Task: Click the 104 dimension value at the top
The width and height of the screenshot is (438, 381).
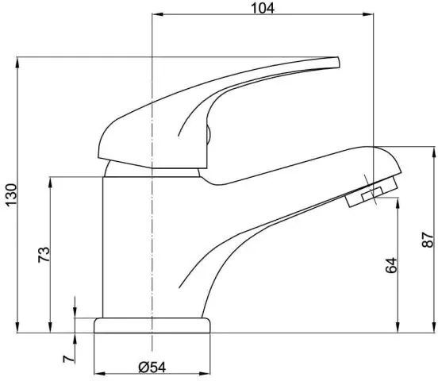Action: (263, 8)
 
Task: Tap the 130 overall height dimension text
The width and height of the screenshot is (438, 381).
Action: (11, 194)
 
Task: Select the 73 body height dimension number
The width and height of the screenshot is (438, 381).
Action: (44, 254)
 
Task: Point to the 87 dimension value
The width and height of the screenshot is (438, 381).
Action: (428, 240)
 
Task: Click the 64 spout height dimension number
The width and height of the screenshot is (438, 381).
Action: (391, 265)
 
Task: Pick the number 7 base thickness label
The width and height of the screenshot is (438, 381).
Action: (69, 359)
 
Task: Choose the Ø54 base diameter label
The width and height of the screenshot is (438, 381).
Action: (152, 368)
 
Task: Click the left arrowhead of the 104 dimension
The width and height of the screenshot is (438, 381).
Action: (157, 14)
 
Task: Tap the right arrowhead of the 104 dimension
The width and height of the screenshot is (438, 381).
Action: (368, 14)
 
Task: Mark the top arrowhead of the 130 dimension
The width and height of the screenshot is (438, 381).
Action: (17, 63)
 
